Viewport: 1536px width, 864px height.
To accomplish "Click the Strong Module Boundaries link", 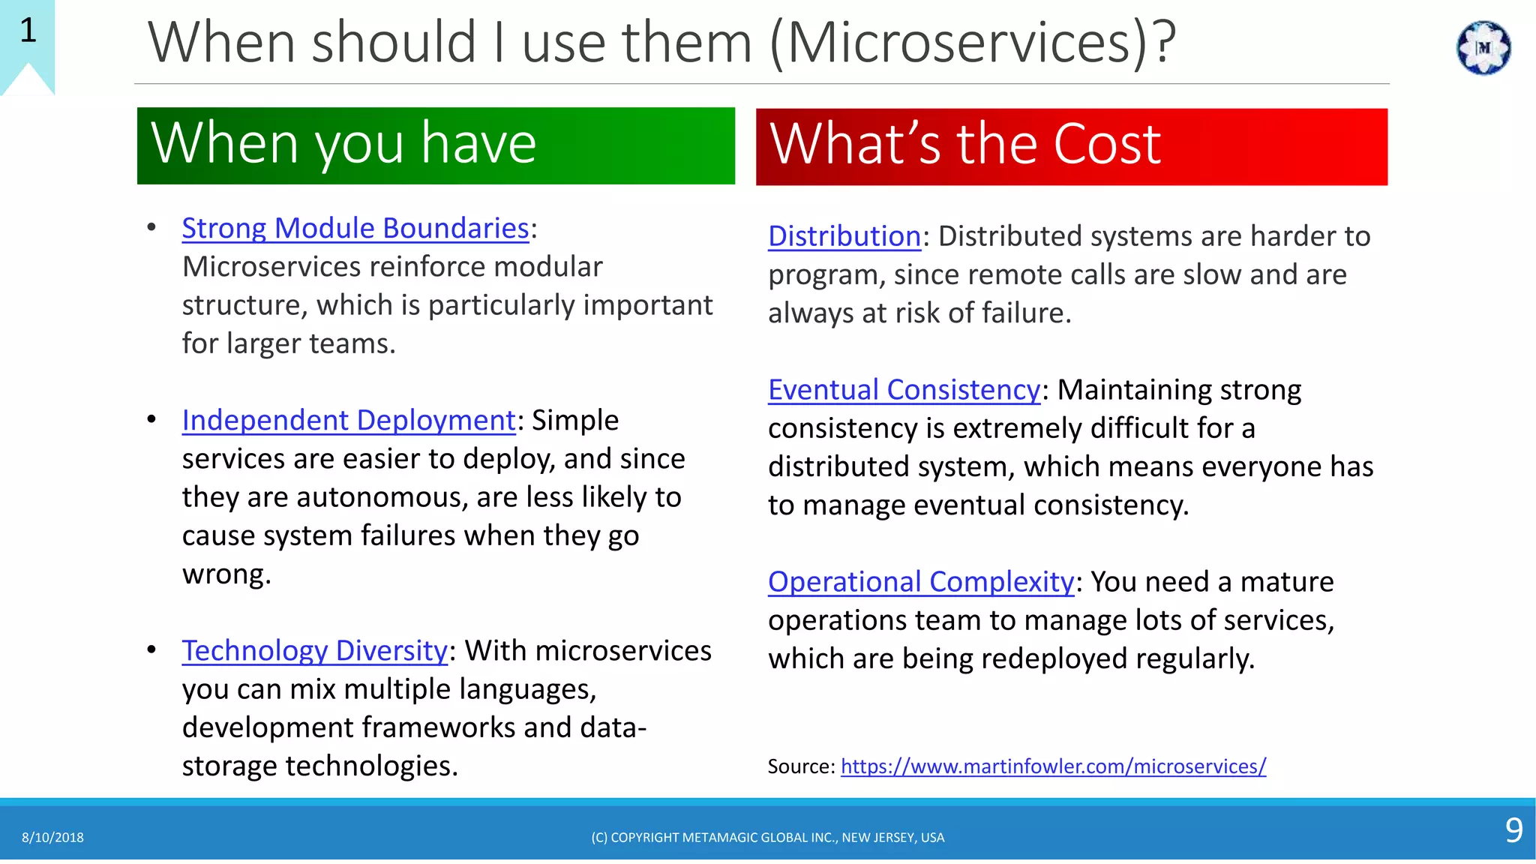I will click(x=355, y=228).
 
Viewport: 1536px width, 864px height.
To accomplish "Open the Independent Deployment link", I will click(x=349, y=420).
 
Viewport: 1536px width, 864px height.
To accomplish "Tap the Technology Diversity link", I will click(x=315, y=650).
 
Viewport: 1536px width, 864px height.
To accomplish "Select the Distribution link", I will click(x=844, y=236).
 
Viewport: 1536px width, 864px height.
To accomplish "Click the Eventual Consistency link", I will click(x=904, y=390).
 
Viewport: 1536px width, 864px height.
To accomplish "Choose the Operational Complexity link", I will click(x=921, y=582).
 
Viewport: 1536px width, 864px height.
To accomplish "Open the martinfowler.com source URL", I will click(x=1053, y=766).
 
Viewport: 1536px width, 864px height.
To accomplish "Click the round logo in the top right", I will click(x=1483, y=48).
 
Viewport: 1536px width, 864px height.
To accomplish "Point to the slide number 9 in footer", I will click(x=1513, y=830).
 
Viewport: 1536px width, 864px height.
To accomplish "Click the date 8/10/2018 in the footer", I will click(x=52, y=838).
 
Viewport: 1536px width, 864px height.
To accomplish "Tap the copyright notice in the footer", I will click(x=767, y=838).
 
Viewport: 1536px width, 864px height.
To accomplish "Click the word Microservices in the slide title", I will click(x=960, y=43).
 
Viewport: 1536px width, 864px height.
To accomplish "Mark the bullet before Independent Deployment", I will click(x=152, y=419).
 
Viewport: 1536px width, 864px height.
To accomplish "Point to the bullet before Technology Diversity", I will click(x=152, y=649).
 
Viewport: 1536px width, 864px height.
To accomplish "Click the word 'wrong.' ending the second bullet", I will click(x=226, y=574).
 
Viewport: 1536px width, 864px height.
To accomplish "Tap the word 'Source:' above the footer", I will click(x=800, y=766).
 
